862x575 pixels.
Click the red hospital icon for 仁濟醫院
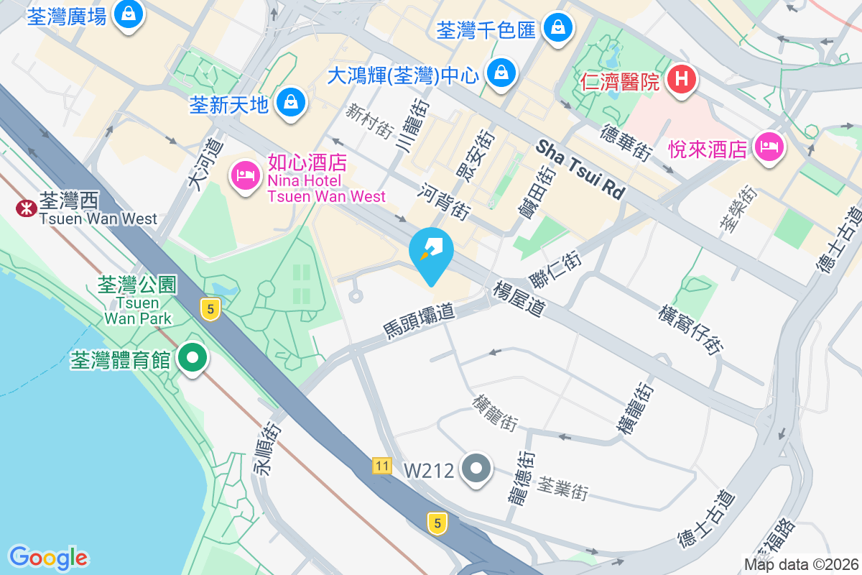pos(681,78)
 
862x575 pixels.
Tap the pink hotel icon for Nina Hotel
pos(246,175)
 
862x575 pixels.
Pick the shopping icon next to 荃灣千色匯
pos(557,29)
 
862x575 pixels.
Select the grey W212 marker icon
pos(476,469)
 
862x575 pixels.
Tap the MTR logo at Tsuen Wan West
pos(27,208)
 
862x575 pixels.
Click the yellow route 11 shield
pos(381,466)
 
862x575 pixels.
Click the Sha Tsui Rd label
pos(580,169)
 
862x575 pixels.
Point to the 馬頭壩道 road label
pos(420,321)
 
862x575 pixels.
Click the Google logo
pos(48,557)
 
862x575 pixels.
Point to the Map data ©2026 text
pos(801,564)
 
